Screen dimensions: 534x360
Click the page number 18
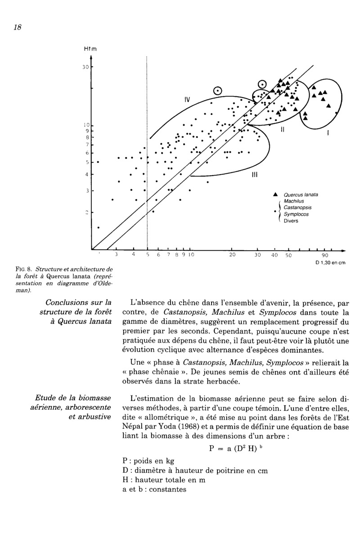click(x=18, y=27)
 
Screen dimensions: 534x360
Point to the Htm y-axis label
click(x=90, y=49)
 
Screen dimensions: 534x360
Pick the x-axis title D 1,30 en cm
click(x=329, y=262)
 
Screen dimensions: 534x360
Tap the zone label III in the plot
click(x=254, y=176)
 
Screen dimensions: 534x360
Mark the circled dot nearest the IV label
click(x=218, y=91)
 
